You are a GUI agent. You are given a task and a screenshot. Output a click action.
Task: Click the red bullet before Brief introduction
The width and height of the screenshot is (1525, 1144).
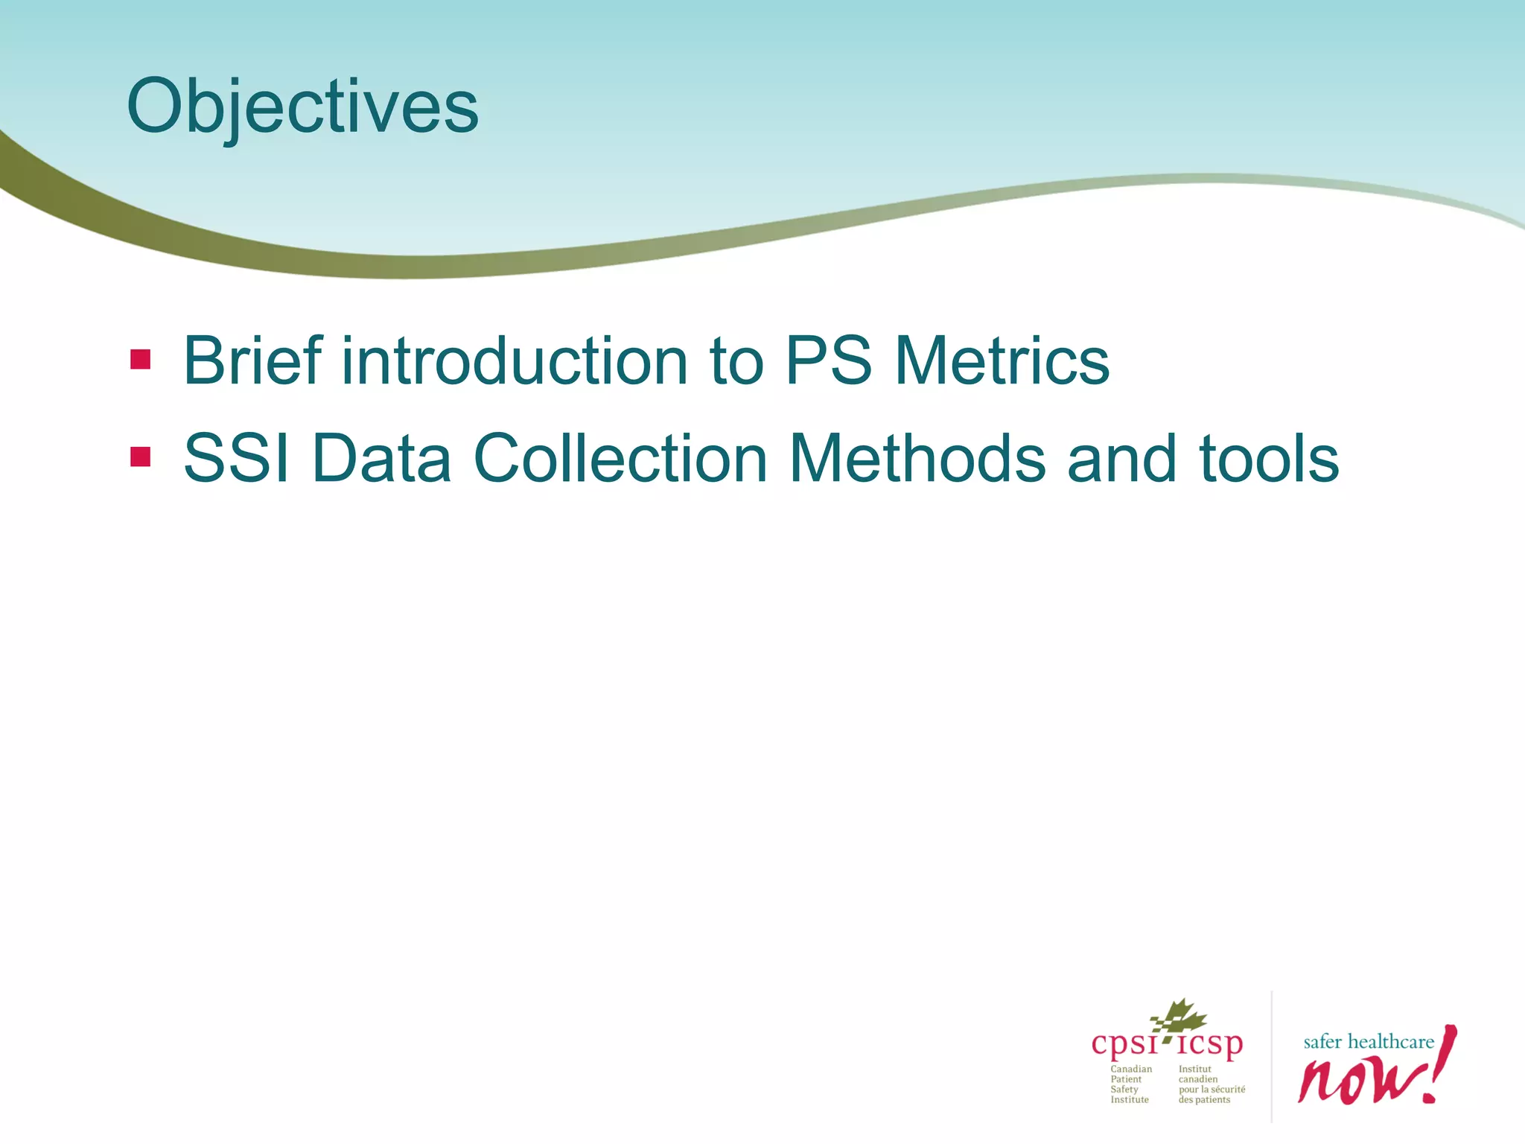(x=140, y=360)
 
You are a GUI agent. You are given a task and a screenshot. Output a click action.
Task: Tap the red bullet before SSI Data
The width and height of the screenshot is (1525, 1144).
(x=140, y=457)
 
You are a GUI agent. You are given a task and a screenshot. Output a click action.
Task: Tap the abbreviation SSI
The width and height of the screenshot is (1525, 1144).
(x=236, y=458)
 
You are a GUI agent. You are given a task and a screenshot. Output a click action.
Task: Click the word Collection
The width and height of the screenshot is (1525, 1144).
(x=620, y=458)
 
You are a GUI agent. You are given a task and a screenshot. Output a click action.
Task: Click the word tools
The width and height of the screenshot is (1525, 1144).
(x=1269, y=458)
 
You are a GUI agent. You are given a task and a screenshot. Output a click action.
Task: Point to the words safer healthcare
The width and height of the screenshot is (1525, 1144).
(x=1368, y=1041)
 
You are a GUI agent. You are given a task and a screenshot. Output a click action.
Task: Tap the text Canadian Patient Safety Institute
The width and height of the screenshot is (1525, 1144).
(x=1130, y=1084)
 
